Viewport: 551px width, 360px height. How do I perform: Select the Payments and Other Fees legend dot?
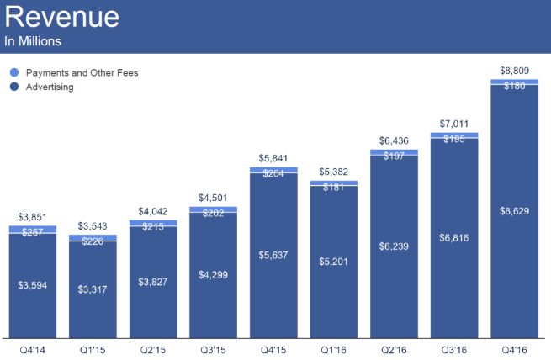click(x=13, y=73)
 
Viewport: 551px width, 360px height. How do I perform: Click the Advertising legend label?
click(x=50, y=87)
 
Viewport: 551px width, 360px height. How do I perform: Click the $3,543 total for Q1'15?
click(x=93, y=226)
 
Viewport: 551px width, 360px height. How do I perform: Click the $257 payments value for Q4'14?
click(x=33, y=230)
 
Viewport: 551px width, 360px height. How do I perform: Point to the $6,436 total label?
click(x=394, y=140)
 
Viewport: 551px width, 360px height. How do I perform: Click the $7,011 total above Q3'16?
click(x=454, y=124)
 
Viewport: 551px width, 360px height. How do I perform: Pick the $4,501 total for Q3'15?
click(x=213, y=199)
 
